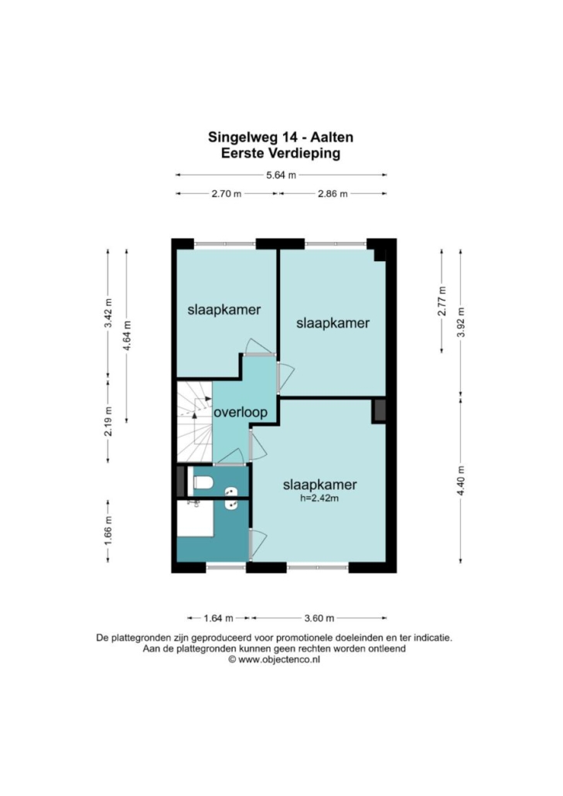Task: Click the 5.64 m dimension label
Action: click(x=281, y=175)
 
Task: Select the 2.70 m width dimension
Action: click(x=227, y=193)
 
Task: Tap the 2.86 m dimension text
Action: click(x=333, y=193)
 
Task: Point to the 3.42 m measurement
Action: click(x=108, y=313)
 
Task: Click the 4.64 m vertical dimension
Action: click(x=127, y=335)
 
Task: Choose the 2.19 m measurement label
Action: click(x=108, y=421)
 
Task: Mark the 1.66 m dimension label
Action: click(x=108, y=530)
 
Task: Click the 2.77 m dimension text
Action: click(x=442, y=301)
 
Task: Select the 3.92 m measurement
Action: click(x=461, y=322)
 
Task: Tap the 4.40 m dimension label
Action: click(x=461, y=481)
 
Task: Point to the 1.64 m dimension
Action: click(x=219, y=617)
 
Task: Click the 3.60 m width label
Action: click(x=319, y=617)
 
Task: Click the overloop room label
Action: click(x=241, y=412)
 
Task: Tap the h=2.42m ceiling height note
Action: click(x=319, y=498)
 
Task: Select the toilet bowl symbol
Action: click(x=203, y=481)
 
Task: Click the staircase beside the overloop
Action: click(x=194, y=421)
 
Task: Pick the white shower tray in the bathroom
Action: click(x=195, y=519)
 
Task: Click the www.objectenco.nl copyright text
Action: click(x=274, y=659)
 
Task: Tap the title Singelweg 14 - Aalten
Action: click(x=281, y=137)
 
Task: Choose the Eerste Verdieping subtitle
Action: click(x=281, y=153)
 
